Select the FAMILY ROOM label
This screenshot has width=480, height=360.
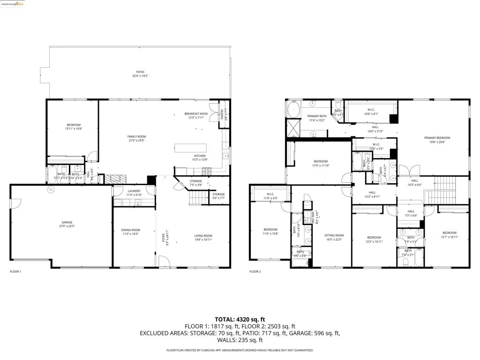point(136,136)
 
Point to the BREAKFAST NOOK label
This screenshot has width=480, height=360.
point(196,113)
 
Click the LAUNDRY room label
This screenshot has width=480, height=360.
point(134,191)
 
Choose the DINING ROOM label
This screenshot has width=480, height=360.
point(130,230)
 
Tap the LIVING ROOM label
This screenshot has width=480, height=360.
point(203,236)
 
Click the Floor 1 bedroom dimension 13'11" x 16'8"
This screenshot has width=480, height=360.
point(73,128)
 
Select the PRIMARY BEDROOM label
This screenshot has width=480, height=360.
point(437,138)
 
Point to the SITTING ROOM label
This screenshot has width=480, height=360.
point(335,235)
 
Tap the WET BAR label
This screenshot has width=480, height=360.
point(313,218)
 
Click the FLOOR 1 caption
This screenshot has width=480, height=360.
point(15,271)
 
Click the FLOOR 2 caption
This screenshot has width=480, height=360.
point(255,271)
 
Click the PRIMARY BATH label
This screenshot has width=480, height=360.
point(317,116)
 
